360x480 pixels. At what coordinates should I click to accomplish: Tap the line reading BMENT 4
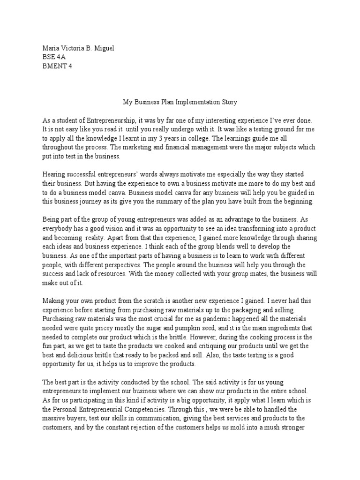tap(57, 66)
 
